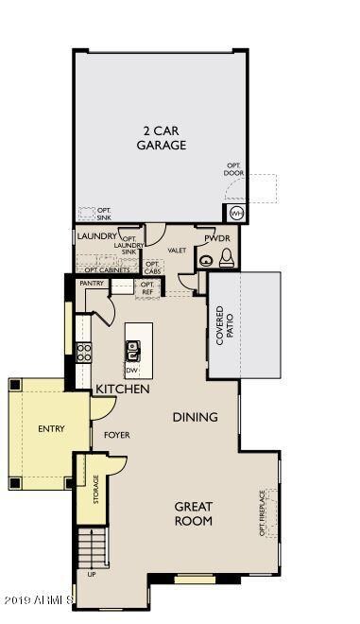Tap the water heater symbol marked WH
pyautogui.click(x=233, y=214)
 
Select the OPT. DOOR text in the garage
pyautogui.click(x=233, y=168)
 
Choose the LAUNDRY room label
pyautogui.click(x=96, y=236)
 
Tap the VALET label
pyautogui.click(x=177, y=250)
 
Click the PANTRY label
pyautogui.click(x=92, y=283)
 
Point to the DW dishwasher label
pyautogui.click(x=132, y=370)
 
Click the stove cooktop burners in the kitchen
pyautogui.click(x=84, y=353)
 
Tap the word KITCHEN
pyautogui.click(x=122, y=389)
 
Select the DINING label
pyautogui.click(x=195, y=417)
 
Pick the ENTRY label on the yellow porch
pyautogui.click(x=51, y=428)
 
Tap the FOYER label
pyautogui.click(x=117, y=435)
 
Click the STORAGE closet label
pyautogui.click(x=95, y=489)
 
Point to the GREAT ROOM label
pyautogui.click(x=193, y=513)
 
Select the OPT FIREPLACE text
pyautogui.click(x=264, y=512)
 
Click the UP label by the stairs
pyautogui.click(x=92, y=574)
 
